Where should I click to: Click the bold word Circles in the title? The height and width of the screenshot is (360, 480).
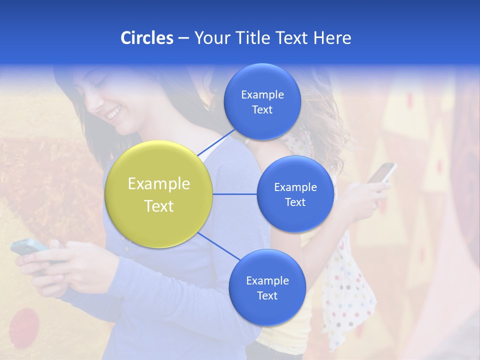tap(146, 38)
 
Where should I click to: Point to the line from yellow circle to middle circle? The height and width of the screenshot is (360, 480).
tap(235, 194)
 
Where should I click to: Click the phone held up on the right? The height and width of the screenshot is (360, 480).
tap(382, 172)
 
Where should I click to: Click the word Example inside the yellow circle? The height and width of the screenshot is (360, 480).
tap(158, 184)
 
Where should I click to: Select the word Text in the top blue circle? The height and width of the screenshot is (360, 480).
tap(262, 110)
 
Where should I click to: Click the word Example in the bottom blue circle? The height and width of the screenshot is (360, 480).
tap(267, 280)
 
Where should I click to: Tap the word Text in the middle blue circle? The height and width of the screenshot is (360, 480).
tap(295, 202)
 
